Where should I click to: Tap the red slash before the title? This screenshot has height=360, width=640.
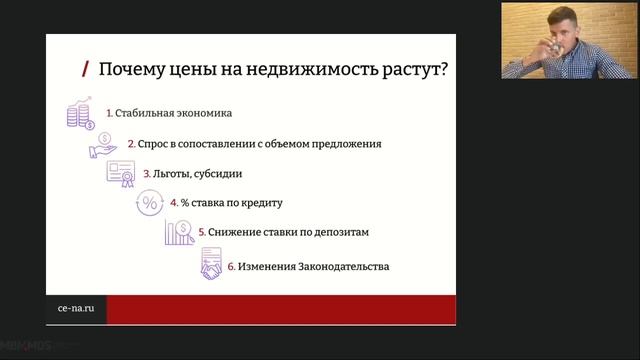click(x=87, y=69)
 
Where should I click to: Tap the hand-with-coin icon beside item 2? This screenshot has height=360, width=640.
click(x=102, y=143)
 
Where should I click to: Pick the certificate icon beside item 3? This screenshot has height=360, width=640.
click(x=120, y=173)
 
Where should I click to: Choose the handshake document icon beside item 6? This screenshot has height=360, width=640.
click(x=210, y=266)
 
